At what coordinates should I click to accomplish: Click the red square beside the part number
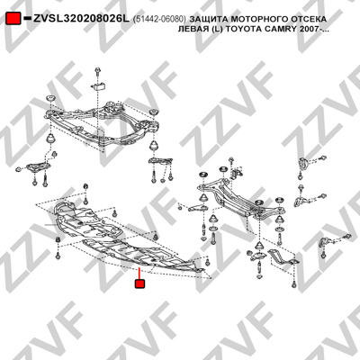tap(13, 19)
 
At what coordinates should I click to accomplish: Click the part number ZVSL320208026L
tap(81, 19)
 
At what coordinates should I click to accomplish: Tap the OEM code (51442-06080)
tap(159, 20)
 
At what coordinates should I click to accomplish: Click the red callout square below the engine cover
tap(139, 283)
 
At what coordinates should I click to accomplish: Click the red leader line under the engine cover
tap(139, 273)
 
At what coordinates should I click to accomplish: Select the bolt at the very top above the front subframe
tap(97, 72)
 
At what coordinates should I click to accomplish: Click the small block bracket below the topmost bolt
tap(98, 86)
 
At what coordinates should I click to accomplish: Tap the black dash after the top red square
tap(27, 18)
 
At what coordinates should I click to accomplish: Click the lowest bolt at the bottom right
tap(294, 284)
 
